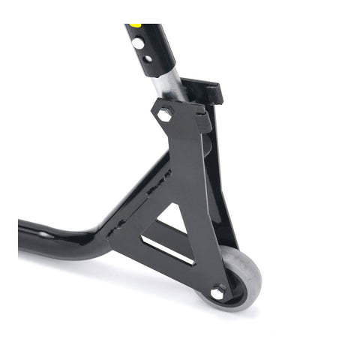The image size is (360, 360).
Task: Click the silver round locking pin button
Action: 138,43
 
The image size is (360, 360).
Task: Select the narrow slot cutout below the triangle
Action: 166,250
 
